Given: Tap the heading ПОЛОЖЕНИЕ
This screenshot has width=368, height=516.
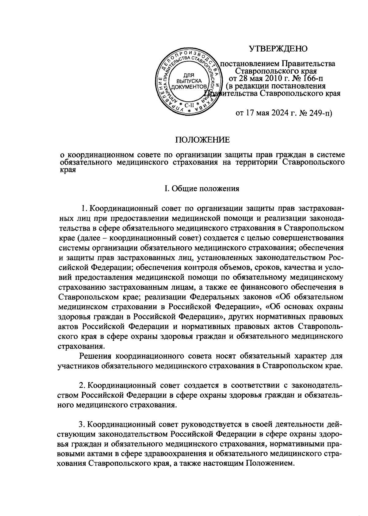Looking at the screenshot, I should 202,140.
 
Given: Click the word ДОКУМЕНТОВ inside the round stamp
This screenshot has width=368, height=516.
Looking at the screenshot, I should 189,87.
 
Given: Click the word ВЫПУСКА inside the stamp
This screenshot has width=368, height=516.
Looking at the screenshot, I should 189,81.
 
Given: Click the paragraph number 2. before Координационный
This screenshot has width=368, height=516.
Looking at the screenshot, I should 82,384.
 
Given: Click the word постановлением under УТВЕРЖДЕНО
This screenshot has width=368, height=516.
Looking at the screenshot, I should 250,64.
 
